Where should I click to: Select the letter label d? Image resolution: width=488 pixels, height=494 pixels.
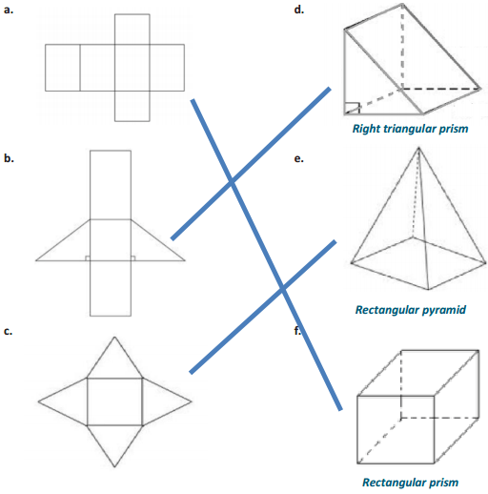coord(299,10)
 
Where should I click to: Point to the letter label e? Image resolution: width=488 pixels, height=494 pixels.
coord(299,161)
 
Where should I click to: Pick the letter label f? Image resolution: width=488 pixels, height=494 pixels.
coord(298,331)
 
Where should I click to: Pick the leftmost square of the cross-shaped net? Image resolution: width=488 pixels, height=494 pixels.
coord(62,67)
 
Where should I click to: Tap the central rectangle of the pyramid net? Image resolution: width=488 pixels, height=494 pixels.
coord(114,401)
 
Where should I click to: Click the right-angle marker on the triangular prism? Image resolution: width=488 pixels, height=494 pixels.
coord(352,108)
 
